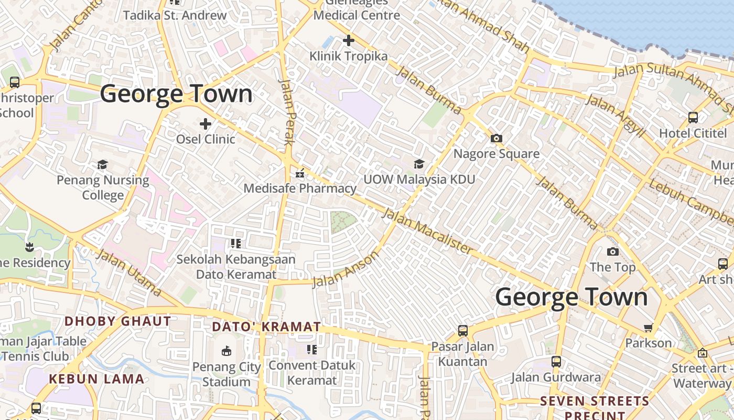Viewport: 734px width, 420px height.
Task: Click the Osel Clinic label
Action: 206,139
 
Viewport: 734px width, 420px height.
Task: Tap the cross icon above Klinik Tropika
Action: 349,40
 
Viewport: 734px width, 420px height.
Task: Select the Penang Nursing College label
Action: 103,187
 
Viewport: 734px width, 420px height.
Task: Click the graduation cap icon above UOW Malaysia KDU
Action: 419,164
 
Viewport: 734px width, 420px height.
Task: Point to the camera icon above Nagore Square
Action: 496,139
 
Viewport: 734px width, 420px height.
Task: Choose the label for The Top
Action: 612,267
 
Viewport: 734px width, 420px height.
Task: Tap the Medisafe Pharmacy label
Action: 300,188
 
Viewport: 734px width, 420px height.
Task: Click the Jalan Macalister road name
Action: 427,231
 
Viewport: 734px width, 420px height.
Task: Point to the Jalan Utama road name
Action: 129,272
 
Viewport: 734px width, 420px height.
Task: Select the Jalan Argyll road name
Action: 616,116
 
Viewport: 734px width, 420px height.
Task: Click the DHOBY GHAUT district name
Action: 117,321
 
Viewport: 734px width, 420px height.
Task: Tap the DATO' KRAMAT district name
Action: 266,327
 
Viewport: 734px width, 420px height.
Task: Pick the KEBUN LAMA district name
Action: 96,379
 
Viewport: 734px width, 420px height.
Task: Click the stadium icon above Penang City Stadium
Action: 226,351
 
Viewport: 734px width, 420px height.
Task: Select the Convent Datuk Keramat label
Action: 312,372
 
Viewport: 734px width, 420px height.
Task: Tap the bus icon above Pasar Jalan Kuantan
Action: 463,331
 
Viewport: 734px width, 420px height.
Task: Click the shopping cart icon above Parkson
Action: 649,328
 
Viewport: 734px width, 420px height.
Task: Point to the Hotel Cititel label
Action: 693,133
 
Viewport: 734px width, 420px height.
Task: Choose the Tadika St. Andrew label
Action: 175,15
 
